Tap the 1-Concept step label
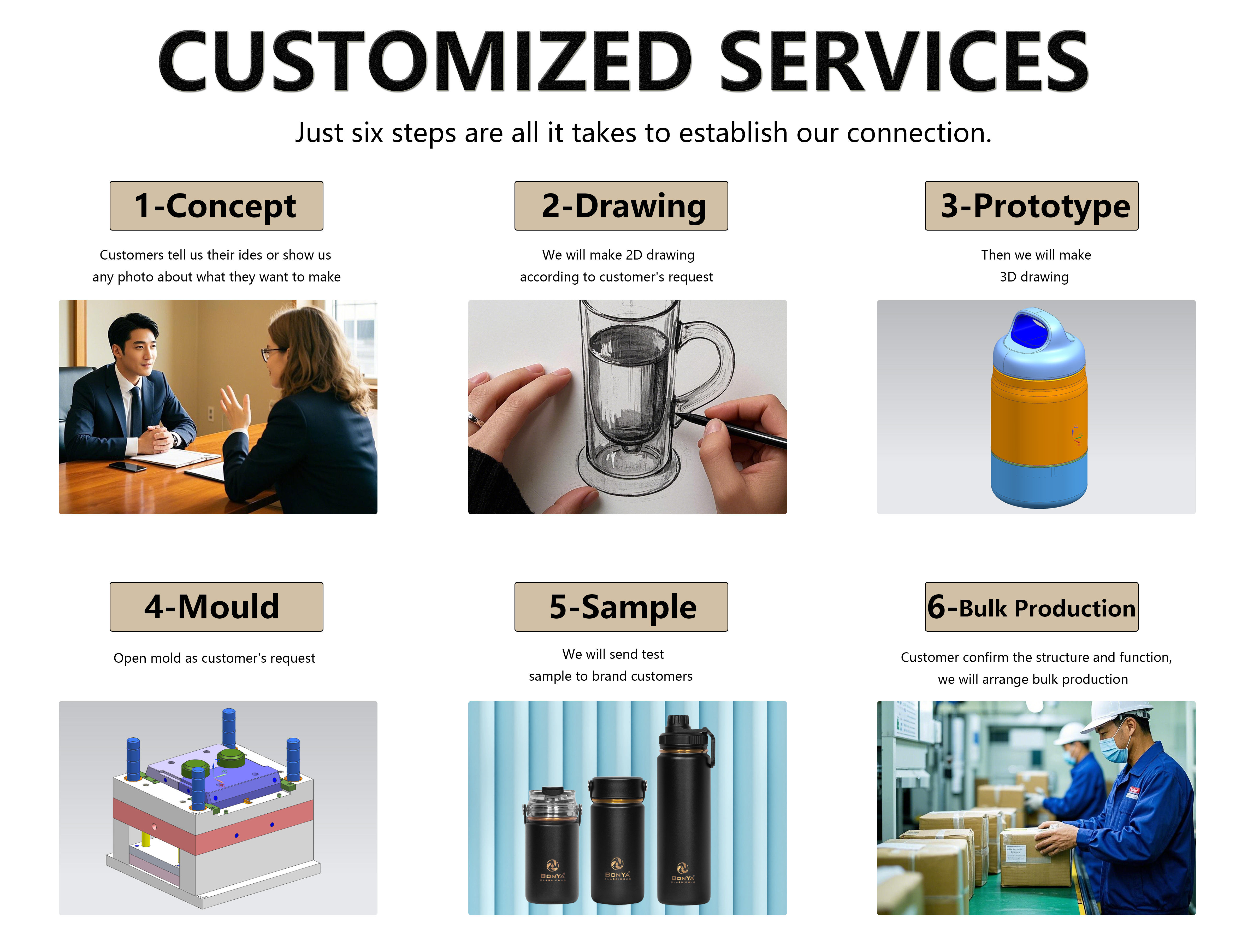coord(216,206)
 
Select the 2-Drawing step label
coord(621,206)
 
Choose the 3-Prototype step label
coord(1032,206)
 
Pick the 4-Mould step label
coord(216,607)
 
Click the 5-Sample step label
coord(621,607)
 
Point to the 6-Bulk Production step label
coord(1032,607)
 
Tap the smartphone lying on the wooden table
coord(127,466)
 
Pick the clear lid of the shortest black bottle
coord(551,803)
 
